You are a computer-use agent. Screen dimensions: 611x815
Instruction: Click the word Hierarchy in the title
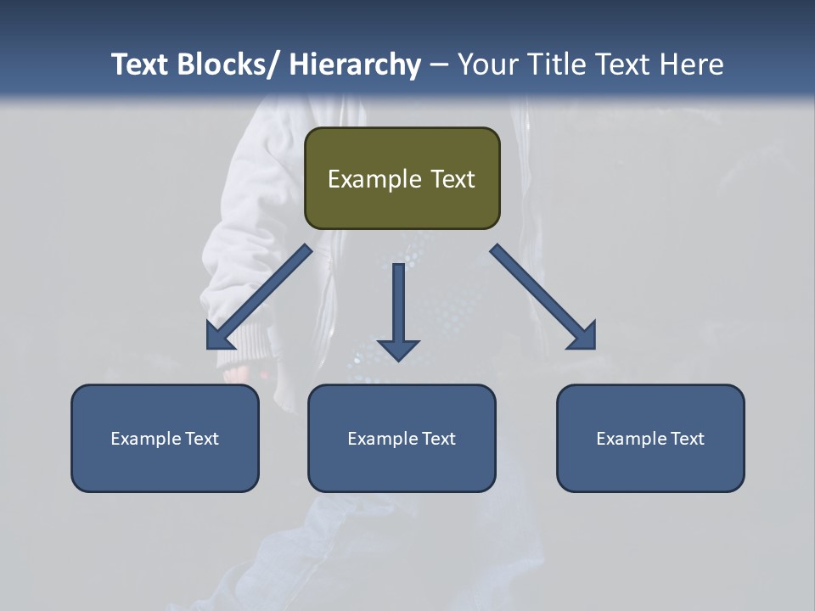pyautogui.click(x=355, y=64)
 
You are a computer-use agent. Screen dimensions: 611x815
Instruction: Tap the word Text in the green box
pyautogui.click(x=451, y=179)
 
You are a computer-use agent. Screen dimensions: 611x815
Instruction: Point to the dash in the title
pyautogui.click(x=439, y=64)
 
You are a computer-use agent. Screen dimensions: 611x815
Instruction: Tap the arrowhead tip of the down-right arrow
pyautogui.click(x=594, y=348)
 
